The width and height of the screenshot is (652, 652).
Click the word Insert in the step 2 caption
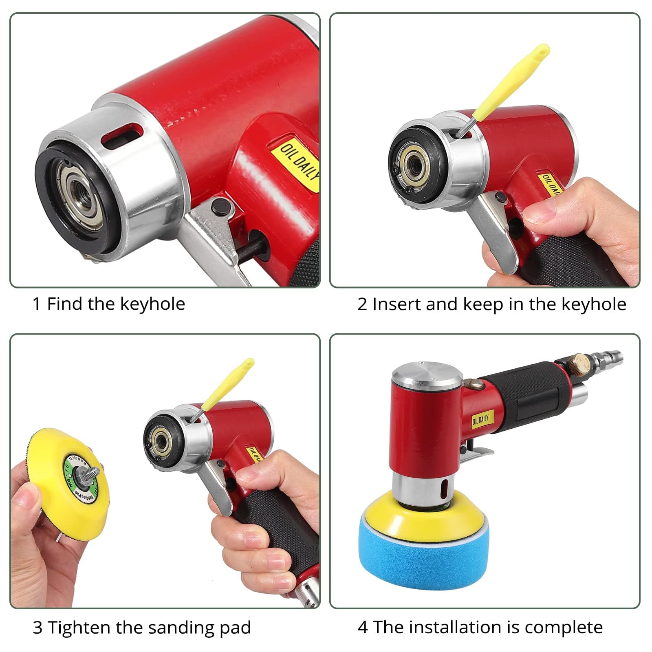(x=396, y=304)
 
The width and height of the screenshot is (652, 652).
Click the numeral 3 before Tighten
(x=37, y=628)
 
